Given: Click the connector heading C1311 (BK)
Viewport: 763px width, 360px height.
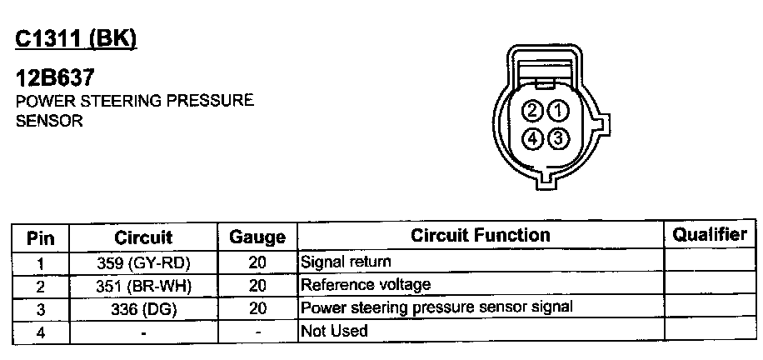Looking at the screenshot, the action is pyautogui.click(x=75, y=39).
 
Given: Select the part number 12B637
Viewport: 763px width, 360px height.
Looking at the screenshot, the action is pyautogui.click(x=56, y=78).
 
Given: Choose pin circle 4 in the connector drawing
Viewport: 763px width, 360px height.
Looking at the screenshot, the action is pyautogui.click(x=533, y=137).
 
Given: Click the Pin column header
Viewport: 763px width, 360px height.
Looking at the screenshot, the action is pyautogui.click(x=41, y=238).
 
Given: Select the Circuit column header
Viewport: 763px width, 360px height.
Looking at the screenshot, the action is pyautogui.click(x=143, y=237).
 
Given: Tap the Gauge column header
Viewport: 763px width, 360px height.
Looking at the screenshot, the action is pyautogui.click(x=257, y=238).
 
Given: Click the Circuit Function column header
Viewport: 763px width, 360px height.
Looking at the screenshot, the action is pyautogui.click(x=480, y=237).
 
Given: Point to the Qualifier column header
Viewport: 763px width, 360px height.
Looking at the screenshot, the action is pyautogui.click(x=710, y=235).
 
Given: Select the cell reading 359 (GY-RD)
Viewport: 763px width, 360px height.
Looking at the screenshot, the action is pyautogui.click(x=143, y=263).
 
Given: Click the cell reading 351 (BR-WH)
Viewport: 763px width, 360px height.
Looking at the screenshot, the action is pyautogui.click(x=143, y=286).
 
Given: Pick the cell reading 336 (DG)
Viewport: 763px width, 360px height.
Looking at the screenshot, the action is pyautogui.click(x=143, y=308).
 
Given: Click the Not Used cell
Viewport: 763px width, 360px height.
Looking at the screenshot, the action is pyautogui.click(x=334, y=331).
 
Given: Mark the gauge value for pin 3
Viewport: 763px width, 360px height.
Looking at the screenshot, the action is pyautogui.click(x=257, y=308).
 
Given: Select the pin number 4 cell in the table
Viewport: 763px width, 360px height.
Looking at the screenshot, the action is pyautogui.click(x=41, y=332).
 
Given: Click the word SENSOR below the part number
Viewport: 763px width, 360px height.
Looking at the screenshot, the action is pyautogui.click(x=49, y=121).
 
